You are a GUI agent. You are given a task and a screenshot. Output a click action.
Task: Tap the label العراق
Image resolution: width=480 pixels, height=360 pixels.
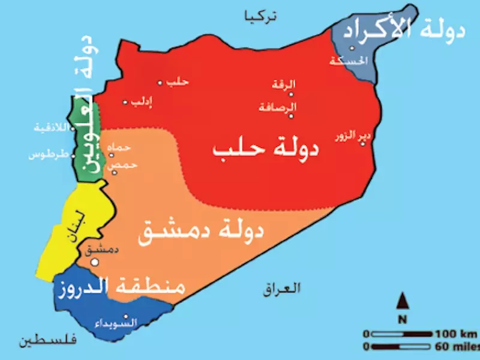pos(281,289)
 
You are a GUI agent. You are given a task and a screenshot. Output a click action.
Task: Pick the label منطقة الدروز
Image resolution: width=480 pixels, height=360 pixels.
pos(120,288)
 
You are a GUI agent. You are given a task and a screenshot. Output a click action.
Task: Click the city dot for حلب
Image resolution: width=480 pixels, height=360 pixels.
pos(160,83)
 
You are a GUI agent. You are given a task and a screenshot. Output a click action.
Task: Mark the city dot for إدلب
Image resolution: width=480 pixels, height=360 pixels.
pos(125,102)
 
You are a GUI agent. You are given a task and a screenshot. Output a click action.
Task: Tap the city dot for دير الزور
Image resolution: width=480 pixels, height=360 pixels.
pos(362,143)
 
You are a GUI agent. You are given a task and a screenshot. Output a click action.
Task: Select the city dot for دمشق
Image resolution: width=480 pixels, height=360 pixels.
pos(94,262)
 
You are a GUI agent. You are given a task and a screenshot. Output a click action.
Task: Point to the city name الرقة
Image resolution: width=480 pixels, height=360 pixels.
pos(284,85)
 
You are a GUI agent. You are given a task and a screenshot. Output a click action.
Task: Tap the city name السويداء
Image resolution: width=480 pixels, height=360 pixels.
pos(116,323)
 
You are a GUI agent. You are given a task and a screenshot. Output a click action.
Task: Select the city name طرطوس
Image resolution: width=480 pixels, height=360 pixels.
pos(46,155)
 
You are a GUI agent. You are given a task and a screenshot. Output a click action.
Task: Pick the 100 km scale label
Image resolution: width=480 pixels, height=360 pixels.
pos(456,334)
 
